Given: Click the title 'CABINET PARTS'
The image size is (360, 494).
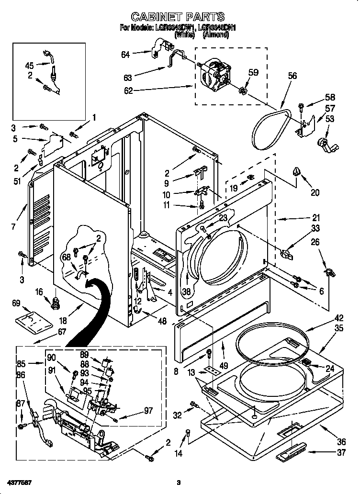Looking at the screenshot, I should pos(178,17).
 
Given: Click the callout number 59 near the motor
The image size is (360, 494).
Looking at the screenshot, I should pos(253,73).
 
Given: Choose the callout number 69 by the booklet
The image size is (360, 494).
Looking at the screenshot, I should pos(16,303).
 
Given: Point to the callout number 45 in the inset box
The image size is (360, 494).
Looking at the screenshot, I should pos(30,66).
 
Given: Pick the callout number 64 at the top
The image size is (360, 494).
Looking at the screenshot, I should pos(125,54).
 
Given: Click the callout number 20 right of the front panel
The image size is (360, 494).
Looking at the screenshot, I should pos(315,192).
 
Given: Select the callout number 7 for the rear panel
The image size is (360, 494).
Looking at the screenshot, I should pos(13,226).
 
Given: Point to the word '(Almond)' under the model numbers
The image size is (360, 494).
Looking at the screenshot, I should pos(216,34).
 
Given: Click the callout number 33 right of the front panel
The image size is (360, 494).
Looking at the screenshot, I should pos(315,228).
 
